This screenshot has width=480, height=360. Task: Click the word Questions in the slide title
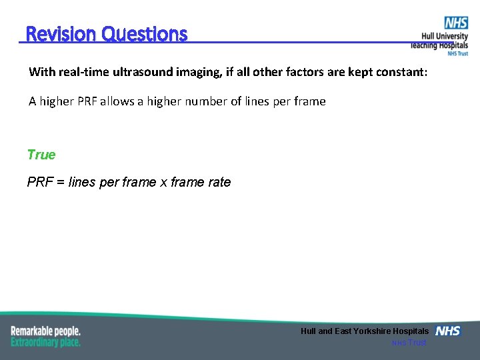pyautogui.click(x=145, y=34)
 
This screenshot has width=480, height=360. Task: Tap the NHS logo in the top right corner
pyautogui.click(x=456, y=23)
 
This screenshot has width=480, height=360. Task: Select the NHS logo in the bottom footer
pyautogui.click(x=447, y=331)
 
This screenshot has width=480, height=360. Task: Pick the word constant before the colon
pyautogui.click(x=396, y=72)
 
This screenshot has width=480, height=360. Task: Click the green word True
pyautogui.click(x=41, y=155)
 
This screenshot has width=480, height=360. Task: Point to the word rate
pyautogui.click(x=219, y=182)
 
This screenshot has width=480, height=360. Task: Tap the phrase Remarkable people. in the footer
pyautogui.click(x=45, y=331)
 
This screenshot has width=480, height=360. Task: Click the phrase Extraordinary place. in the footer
pyautogui.click(x=45, y=342)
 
